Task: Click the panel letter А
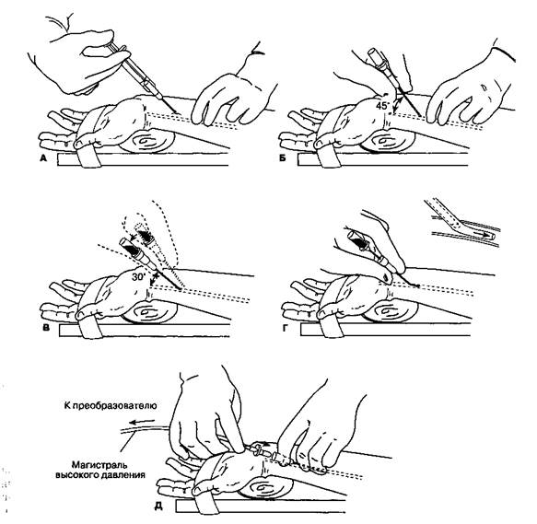[43, 157]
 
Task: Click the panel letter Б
[283, 158]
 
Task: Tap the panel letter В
[46, 328]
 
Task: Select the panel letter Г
[285, 329]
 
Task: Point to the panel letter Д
[158, 506]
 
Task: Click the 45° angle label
[382, 106]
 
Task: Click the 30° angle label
[139, 276]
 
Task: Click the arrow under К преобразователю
[143, 421]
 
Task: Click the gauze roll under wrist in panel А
[147, 140]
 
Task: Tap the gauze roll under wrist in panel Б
[387, 140]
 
